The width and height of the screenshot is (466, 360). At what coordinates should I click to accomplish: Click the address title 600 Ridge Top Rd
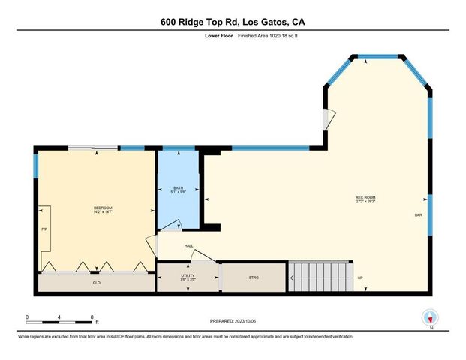(233, 22)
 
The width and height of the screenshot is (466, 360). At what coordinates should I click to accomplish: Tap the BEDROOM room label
(103, 208)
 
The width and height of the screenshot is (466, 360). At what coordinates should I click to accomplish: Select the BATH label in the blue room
(178, 188)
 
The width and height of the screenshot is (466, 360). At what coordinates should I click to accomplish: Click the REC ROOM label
(365, 198)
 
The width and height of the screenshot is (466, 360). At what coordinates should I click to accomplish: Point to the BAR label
(418, 215)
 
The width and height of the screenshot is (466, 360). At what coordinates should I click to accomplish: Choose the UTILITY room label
(188, 276)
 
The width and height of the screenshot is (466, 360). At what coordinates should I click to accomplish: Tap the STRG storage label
(254, 277)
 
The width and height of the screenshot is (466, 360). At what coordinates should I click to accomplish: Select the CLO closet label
(97, 283)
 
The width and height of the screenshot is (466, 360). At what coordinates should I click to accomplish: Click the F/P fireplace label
(44, 229)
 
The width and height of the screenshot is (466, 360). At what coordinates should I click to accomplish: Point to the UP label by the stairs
(360, 278)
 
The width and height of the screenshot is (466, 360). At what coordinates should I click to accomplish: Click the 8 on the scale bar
(92, 316)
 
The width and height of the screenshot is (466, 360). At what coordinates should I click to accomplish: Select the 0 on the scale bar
(26, 316)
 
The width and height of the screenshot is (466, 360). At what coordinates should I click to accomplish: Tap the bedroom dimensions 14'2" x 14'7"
(103, 213)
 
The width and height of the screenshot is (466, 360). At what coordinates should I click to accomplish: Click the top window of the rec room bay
(375, 56)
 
